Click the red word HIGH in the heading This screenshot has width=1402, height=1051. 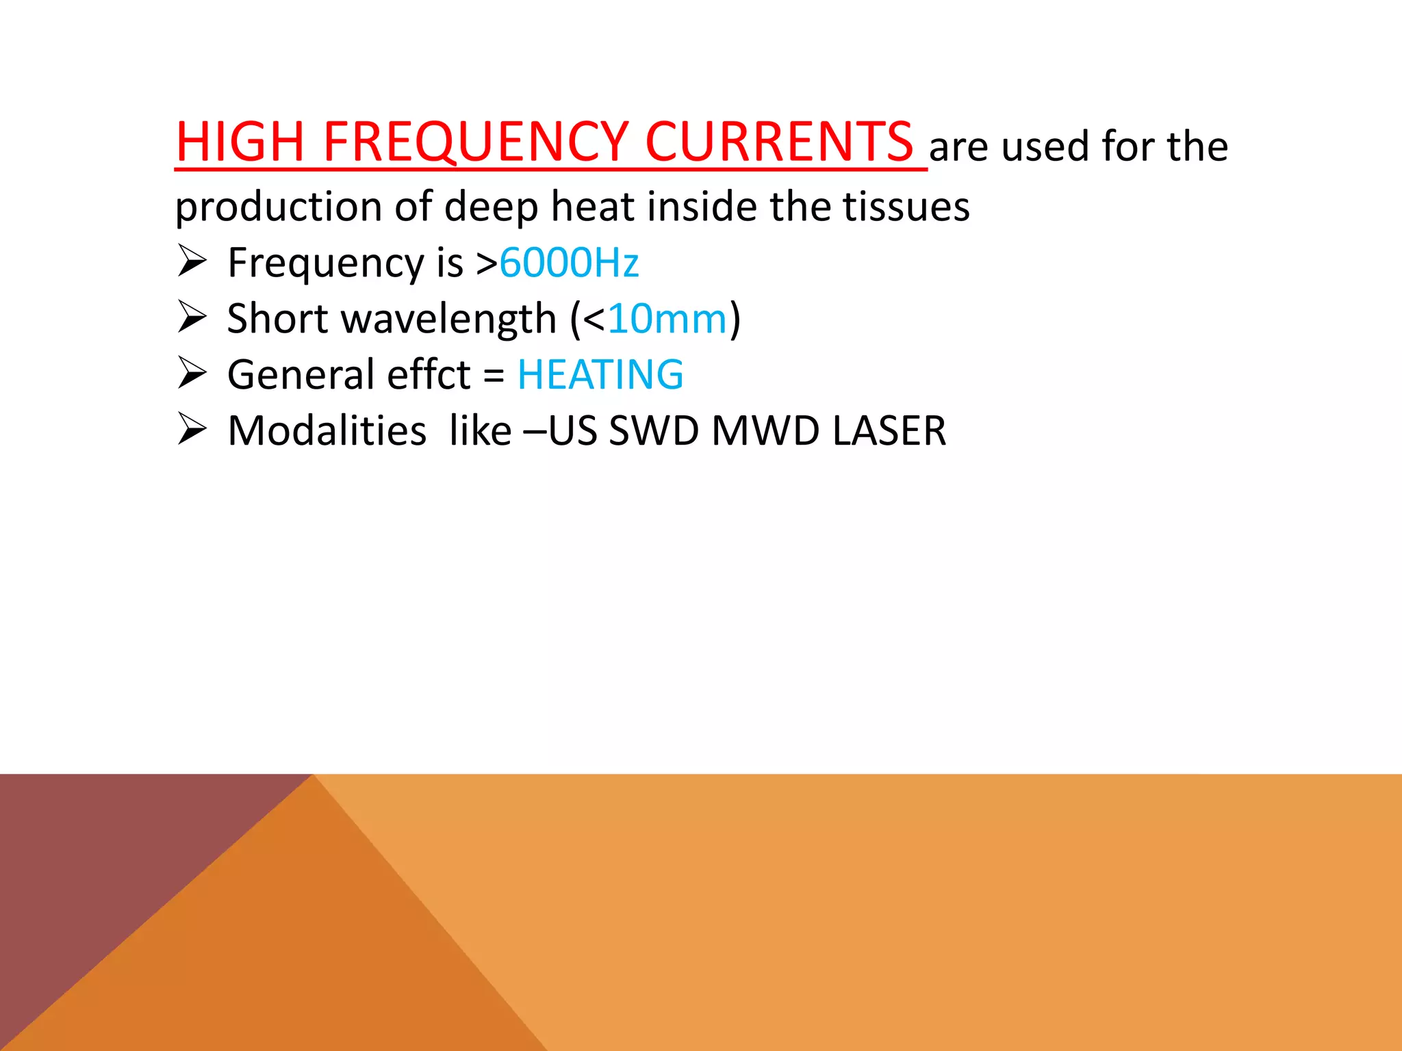(x=240, y=142)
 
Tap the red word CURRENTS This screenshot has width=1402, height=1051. (x=779, y=142)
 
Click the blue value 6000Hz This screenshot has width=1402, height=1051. (x=569, y=263)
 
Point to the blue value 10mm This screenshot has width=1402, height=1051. (x=667, y=319)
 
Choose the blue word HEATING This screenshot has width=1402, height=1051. (x=600, y=375)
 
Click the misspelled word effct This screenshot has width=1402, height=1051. (x=429, y=375)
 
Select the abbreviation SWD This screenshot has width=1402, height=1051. (x=654, y=431)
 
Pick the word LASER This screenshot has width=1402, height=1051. (x=889, y=431)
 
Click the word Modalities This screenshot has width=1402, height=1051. (x=327, y=431)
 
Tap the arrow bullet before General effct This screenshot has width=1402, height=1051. (x=192, y=373)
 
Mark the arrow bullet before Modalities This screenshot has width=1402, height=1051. (x=192, y=429)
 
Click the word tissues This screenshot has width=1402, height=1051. (x=906, y=207)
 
